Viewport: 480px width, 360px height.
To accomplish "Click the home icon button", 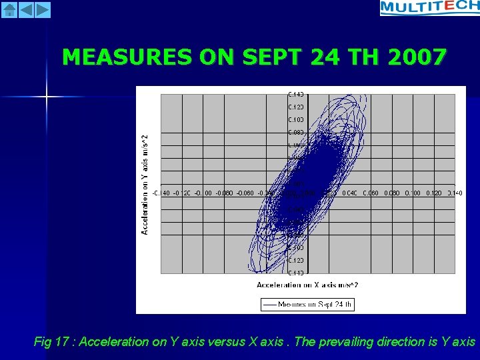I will point(9,9).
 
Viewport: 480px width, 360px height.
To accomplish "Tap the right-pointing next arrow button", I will point(42,9).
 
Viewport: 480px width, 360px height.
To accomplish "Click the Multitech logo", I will point(429,8).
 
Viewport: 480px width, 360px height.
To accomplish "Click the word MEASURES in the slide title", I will point(127,58).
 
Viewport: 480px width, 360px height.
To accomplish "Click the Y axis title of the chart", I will point(145,183).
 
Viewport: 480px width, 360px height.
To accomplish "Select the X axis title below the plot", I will point(307,285).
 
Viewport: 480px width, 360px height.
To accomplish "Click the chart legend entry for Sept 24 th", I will point(307,304).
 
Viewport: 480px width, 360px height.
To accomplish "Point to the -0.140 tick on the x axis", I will point(161,193).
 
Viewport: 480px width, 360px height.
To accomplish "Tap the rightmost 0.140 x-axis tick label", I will point(455,193).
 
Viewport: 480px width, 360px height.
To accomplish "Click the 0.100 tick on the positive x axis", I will point(413,193).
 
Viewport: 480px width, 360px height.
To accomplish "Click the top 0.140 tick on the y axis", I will point(296,94).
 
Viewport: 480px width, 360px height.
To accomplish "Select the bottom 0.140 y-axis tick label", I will point(296,273).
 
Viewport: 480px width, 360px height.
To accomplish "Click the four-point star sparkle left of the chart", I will point(47,97).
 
